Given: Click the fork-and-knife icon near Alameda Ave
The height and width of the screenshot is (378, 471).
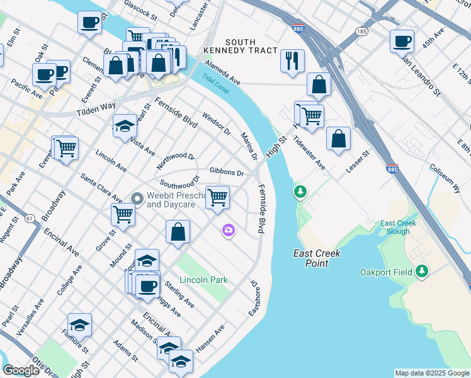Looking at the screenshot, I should (292, 60).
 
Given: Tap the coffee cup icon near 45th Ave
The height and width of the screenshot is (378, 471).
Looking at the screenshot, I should (402, 42).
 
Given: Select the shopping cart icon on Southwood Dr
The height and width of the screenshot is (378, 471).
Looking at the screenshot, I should (217, 197).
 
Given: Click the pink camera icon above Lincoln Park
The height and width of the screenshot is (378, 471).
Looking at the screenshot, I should (228, 231).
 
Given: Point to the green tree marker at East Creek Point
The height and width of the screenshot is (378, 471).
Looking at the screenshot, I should (301, 191).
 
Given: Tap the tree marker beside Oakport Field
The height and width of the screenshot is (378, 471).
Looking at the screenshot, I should (422, 272).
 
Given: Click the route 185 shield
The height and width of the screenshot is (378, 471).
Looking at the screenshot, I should (361, 30).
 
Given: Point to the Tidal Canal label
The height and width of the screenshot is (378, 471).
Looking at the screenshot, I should (216, 83).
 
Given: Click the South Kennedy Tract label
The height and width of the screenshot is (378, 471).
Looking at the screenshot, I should (240, 45).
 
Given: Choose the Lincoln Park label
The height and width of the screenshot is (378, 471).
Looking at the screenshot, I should (203, 279).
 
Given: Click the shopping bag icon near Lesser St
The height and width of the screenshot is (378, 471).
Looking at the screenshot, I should (338, 140).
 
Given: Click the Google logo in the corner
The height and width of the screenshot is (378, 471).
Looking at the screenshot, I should (21, 370).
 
